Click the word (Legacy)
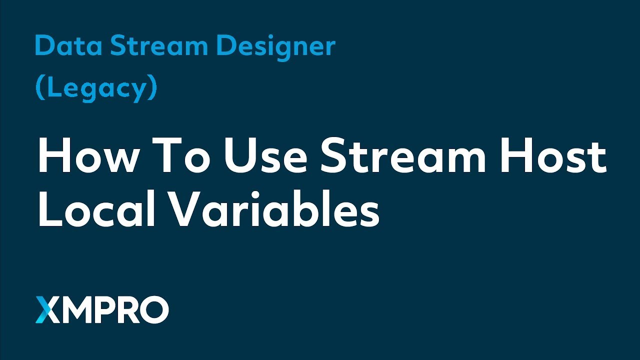[x=96, y=88]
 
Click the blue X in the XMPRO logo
[x=47, y=310]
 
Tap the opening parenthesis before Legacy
[x=39, y=88]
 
